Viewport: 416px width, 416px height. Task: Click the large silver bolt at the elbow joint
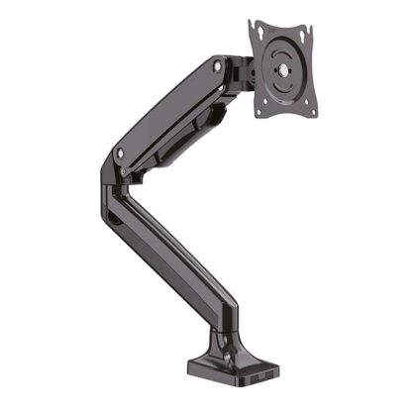120,154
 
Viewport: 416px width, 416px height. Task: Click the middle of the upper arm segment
168,109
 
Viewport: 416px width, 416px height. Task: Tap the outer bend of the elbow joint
105,178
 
